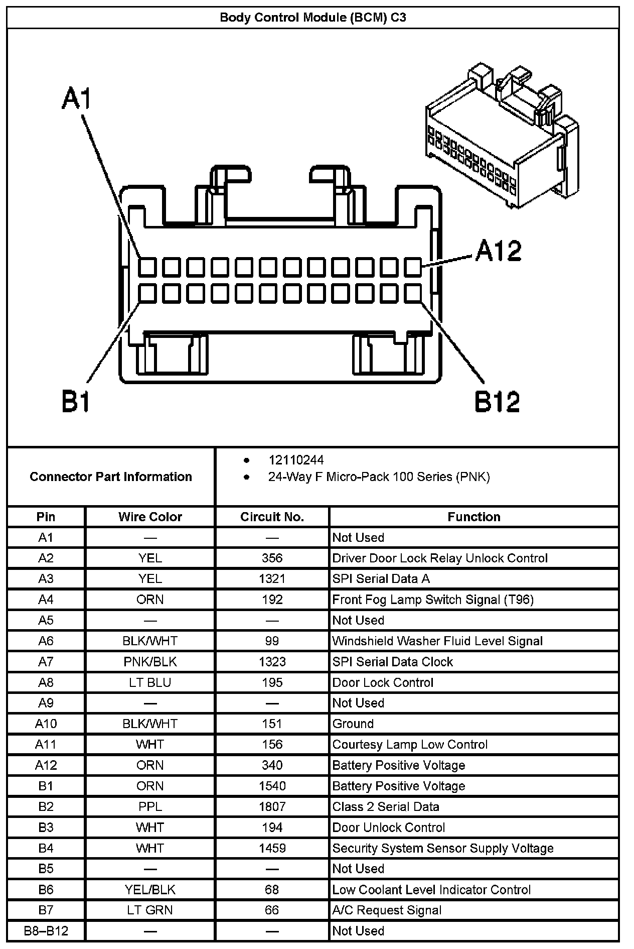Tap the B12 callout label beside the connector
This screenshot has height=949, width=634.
(497, 402)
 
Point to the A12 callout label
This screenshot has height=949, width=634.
(498, 251)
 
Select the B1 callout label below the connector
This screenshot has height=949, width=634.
(76, 402)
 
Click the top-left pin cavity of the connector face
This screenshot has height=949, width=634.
(147, 267)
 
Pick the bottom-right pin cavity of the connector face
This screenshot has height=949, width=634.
(413, 293)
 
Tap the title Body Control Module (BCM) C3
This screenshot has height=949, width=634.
(313, 18)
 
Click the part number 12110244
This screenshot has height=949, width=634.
(296, 460)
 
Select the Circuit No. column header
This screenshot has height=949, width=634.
(272, 517)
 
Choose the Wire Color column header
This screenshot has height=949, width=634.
(150, 517)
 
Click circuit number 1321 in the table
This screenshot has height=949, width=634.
(272, 579)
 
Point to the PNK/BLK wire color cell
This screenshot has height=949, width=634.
(150, 662)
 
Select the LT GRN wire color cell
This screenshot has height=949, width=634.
(150, 910)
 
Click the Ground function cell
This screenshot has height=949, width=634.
(353, 724)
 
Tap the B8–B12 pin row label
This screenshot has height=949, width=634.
(46, 930)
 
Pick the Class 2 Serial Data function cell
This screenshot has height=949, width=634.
(386, 806)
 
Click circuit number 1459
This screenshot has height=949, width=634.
(272, 848)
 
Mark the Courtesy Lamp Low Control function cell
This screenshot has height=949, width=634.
(410, 744)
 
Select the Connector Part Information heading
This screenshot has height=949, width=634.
(111, 477)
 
